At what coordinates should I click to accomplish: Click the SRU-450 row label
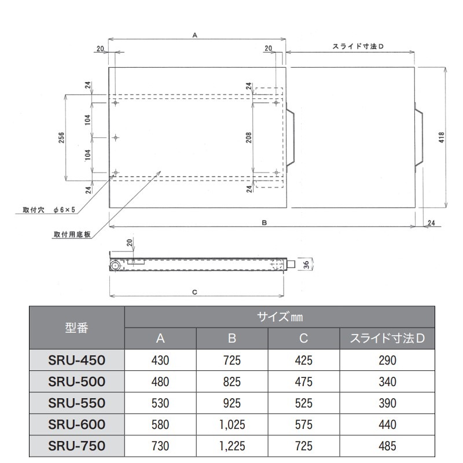click(76, 361)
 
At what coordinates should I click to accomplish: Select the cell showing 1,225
click(232, 446)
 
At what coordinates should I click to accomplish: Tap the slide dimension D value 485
click(388, 446)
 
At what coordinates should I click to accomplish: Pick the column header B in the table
click(232, 339)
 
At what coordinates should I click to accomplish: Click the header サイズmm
click(280, 317)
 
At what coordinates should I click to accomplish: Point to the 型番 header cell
click(76, 328)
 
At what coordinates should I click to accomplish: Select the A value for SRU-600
click(160, 425)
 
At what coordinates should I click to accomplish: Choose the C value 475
click(304, 382)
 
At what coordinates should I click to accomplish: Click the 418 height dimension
click(442, 137)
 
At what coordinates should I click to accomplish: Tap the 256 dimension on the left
click(61, 137)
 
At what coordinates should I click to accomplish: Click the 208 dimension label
click(249, 137)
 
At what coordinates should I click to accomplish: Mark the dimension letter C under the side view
click(195, 292)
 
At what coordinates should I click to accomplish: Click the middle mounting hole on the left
click(116, 138)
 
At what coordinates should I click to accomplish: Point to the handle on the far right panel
click(420, 137)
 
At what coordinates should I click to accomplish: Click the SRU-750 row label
click(76, 446)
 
